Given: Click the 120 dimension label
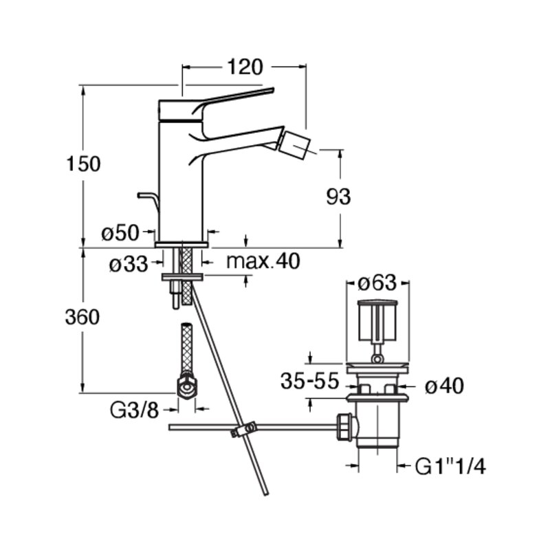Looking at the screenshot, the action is point(245,67).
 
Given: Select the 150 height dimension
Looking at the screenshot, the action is point(83,164).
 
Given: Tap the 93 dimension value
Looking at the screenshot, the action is point(338,197).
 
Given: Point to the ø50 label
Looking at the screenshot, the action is point(120,232).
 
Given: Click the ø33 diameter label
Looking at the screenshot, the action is point(129,264).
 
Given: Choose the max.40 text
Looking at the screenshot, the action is point(263,261).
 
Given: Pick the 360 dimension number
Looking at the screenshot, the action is point(82,318).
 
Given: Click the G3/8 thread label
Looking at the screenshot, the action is point(135,410).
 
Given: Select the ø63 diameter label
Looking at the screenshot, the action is point(377,283).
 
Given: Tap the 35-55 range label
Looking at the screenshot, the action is point(310,381).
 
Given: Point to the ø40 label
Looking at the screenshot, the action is point(445,386).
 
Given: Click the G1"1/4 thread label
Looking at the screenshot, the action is point(451,467).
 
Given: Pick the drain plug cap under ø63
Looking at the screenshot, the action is point(377,320).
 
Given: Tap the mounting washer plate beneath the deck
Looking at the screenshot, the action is point(182,278).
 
